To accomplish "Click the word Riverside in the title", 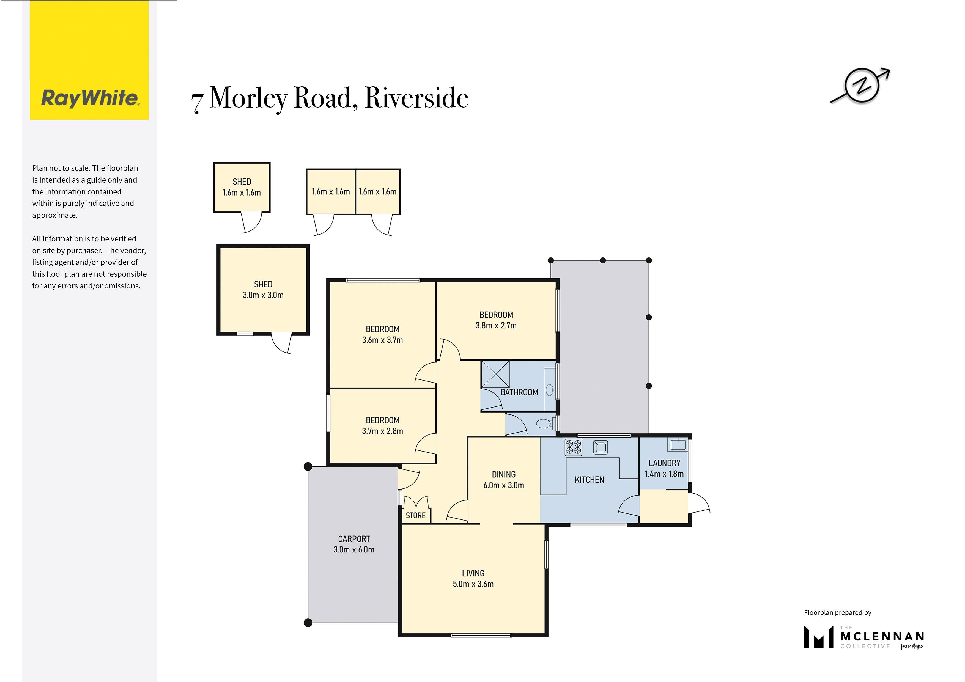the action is pos(416,98).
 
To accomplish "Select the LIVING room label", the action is pos(473,573).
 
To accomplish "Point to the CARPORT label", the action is pos(354,539).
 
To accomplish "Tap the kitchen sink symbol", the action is pos(600,447).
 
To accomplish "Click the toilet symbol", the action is pos(546,424).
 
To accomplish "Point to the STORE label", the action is pos(416,515).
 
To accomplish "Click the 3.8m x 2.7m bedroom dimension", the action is pos(496,325).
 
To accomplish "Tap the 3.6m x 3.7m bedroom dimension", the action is pos(382,340).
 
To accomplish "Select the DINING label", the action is pos(503,474).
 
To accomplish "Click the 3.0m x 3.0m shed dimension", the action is pos(263,295).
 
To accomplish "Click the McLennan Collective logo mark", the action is pos(818,637).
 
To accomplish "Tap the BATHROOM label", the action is pos(519,392).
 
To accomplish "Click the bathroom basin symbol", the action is pos(550,390).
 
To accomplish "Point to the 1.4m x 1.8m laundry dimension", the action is pos(664,474).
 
